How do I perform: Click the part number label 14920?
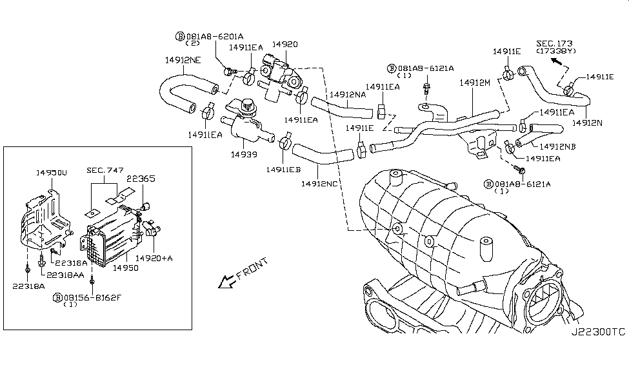click(285, 44)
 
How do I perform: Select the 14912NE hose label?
click(183, 60)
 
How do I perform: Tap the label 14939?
click(244, 154)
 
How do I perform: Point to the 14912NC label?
click(319, 184)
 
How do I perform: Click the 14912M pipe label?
click(475, 83)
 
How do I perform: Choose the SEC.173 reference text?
click(554, 43)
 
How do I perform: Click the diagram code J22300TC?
click(598, 331)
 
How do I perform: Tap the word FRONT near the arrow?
click(252, 269)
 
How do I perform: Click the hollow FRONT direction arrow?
click(226, 282)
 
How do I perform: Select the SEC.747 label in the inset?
click(105, 170)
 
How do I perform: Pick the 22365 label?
click(141, 179)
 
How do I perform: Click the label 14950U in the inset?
click(52, 173)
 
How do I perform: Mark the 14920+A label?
click(154, 259)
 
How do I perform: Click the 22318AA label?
click(65, 275)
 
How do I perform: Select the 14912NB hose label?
click(557, 147)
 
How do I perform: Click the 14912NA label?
click(348, 95)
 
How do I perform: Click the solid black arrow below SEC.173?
click(556, 61)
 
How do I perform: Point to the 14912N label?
click(587, 123)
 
